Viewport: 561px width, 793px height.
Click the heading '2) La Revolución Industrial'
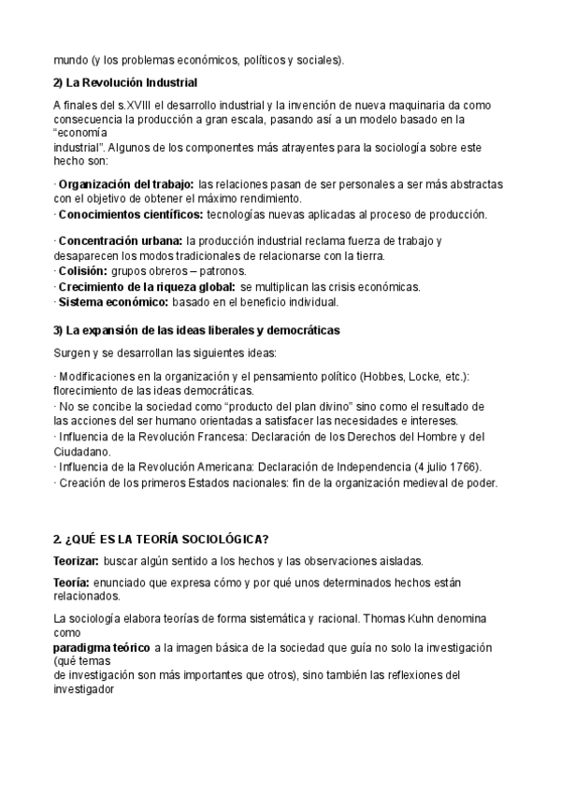coord(125,82)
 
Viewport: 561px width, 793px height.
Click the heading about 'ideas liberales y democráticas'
coord(196,330)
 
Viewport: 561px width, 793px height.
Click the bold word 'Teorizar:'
coord(79,561)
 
